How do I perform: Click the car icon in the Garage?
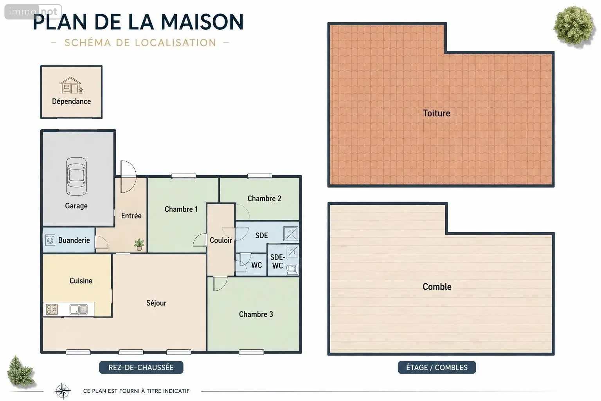[x=76, y=176]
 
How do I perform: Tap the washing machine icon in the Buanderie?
[x=50, y=240]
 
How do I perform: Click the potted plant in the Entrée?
[x=139, y=244]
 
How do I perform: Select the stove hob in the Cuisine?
[x=52, y=309]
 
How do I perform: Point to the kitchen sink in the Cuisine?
[x=79, y=309]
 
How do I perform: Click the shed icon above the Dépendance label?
[x=71, y=85]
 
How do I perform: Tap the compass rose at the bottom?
[x=63, y=391]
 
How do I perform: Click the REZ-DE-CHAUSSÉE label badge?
[x=141, y=367]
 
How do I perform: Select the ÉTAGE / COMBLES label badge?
[x=437, y=367]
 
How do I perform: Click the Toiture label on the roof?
[x=437, y=113]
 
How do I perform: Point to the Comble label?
[x=437, y=287]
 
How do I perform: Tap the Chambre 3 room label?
[x=256, y=314]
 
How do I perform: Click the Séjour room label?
[x=157, y=303]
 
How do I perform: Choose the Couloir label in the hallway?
[x=221, y=240]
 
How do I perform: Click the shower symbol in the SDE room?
[x=291, y=234]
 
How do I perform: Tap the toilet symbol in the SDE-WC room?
[x=292, y=269]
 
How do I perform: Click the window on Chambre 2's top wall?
[x=260, y=176]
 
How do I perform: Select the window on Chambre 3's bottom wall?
[x=251, y=352]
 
